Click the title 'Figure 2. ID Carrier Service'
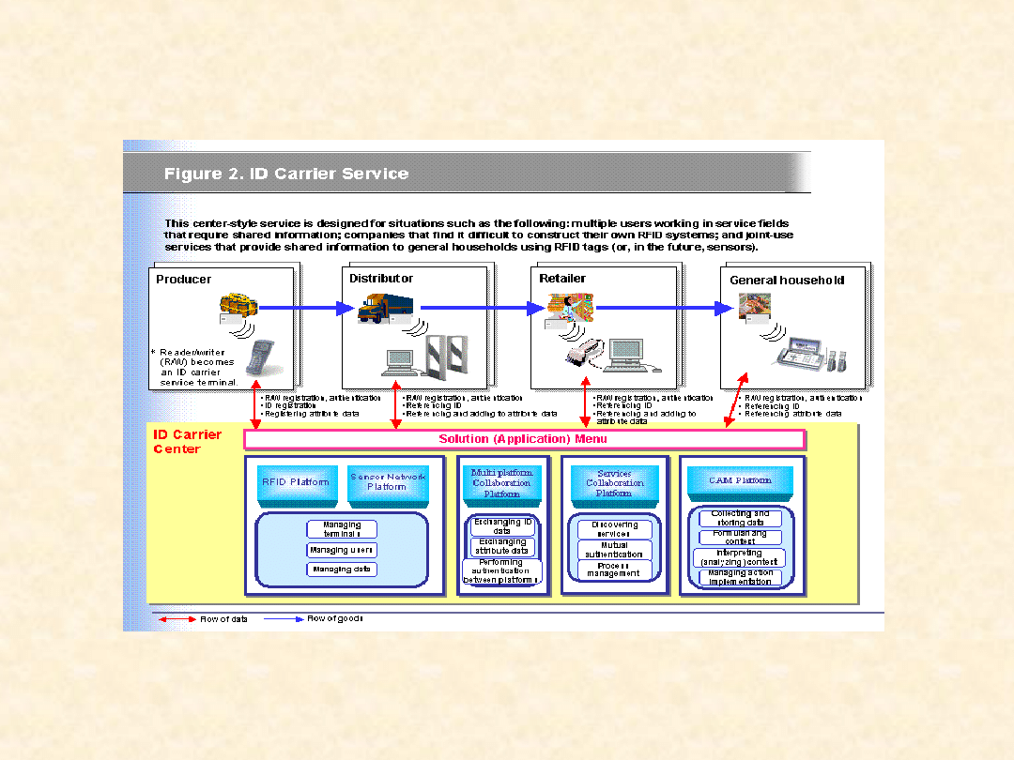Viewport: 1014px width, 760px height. pyautogui.click(x=286, y=174)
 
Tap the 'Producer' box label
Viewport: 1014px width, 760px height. pyautogui.click(x=184, y=280)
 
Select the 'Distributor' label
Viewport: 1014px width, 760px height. pyautogui.click(x=381, y=279)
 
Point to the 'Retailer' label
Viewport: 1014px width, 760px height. pyautogui.click(x=562, y=279)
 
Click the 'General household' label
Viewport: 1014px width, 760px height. pyautogui.click(x=787, y=281)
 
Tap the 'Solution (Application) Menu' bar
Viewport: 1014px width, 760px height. pyautogui.click(x=523, y=439)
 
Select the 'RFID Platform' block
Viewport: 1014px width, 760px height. pyautogui.click(x=296, y=482)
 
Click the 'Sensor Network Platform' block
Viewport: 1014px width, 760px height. pyautogui.click(x=388, y=482)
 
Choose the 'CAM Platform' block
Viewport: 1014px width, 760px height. pyautogui.click(x=740, y=480)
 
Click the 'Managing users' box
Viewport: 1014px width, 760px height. pyautogui.click(x=342, y=551)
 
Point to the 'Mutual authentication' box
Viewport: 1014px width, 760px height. pyautogui.click(x=614, y=550)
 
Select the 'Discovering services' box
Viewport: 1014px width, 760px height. pyautogui.click(x=614, y=529)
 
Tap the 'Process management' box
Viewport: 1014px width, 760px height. pyautogui.click(x=614, y=570)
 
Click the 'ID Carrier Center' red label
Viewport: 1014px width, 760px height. pyautogui.click(x=188, y=442)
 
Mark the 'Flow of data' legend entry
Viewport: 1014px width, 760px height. pyautogui.click(x=223, y=619)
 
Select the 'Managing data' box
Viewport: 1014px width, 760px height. pyautogui.click(x=342, y=570)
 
